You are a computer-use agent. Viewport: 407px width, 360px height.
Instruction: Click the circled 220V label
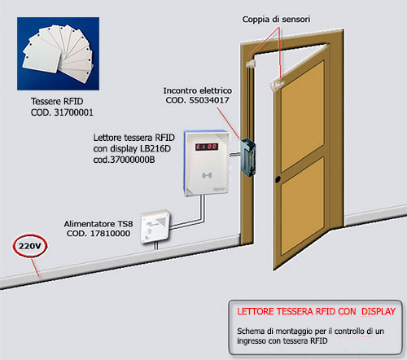[29, 246]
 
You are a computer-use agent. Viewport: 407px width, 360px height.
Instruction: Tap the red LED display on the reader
[207, 147]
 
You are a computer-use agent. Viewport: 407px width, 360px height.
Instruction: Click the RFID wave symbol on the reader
[207, 176]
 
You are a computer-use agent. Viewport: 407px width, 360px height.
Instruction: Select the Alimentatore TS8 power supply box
[155, 226]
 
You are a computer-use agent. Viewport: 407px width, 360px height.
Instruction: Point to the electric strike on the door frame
[248, 157]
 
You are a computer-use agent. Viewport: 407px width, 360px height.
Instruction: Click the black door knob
[278, 179]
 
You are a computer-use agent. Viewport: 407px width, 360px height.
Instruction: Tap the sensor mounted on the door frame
[251, 64]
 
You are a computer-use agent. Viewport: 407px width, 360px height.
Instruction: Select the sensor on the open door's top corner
[277, 84]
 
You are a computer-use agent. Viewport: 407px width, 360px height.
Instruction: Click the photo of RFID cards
[58, 54]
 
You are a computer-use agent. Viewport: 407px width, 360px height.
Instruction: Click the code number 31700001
[73, 112]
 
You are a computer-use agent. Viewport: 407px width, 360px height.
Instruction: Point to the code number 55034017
[209, 100]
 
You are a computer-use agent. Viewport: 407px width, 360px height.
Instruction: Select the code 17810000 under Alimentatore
[110, 234]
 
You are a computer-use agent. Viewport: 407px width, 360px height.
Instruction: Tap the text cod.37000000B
[124, 160]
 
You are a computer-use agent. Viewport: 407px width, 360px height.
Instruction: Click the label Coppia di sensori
[276, 20]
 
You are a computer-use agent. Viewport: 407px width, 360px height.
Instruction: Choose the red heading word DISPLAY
[379, 311]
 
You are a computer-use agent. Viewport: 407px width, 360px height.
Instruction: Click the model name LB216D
[155, 148]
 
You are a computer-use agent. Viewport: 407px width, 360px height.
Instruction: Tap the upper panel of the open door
[303, 116]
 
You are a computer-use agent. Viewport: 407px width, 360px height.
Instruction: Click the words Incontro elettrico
[198, 90]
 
